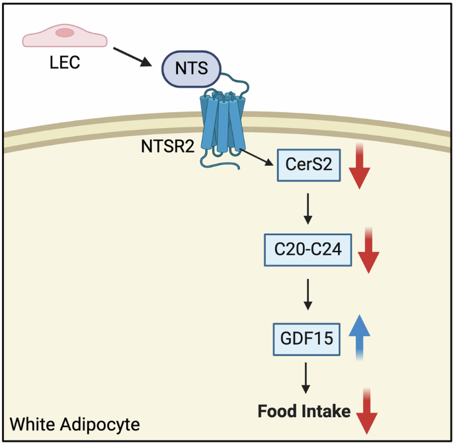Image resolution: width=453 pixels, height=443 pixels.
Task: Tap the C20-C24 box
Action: pos(308,250)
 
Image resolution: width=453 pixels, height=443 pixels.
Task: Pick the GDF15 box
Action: pos(307,339)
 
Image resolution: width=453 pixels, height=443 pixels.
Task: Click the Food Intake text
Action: pos(304,411)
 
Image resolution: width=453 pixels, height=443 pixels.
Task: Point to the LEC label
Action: pos(64,65)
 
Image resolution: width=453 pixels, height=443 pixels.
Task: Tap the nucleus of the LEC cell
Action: pos(64,32)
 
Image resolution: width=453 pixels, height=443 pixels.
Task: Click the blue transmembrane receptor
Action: pos(224,123)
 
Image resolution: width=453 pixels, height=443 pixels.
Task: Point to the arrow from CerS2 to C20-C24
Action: pos(308,209)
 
